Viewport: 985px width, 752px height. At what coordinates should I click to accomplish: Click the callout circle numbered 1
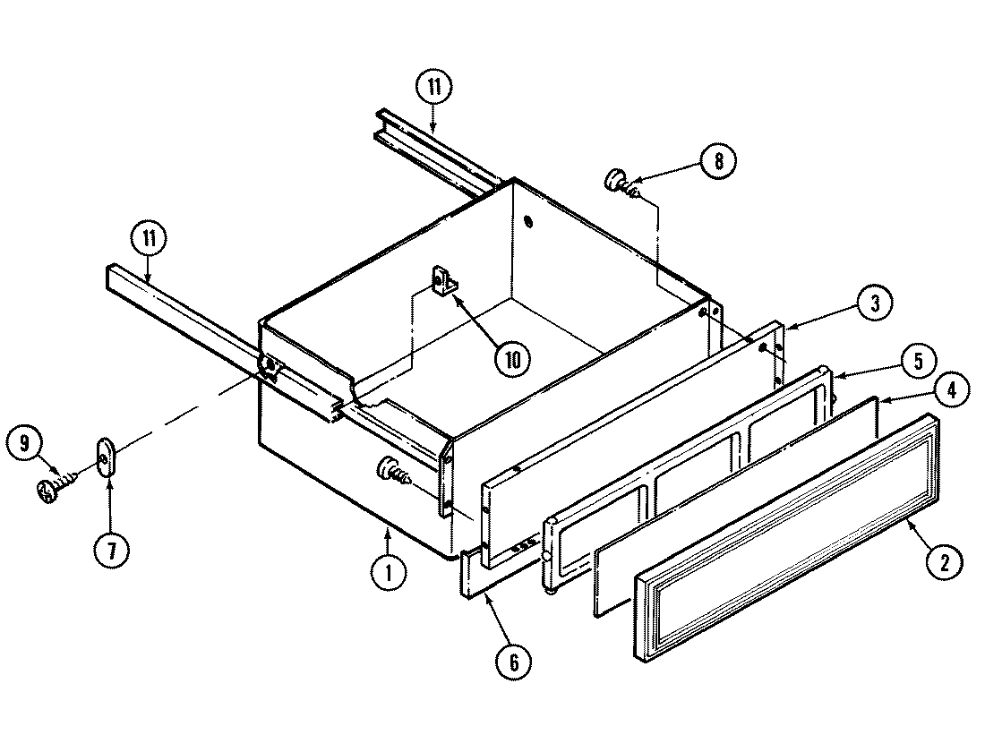click(389, 571)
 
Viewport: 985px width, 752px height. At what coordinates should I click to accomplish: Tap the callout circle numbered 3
click(874, 303)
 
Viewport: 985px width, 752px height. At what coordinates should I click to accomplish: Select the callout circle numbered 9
click(26, 442)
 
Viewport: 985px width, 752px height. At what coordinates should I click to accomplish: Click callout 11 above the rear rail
click(433, 88)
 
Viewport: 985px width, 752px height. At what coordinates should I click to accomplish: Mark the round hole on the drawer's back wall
click(527, 221)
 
